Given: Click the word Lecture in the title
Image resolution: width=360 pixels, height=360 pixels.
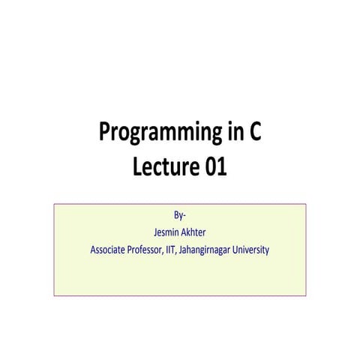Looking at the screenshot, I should tap(165, 167).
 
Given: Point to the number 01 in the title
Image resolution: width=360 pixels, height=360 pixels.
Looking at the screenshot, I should tap(214, 167).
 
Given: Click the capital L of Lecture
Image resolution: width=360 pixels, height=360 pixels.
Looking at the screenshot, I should tap(137, 167).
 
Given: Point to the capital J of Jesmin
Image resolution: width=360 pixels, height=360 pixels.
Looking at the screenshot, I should tap(155, 232).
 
